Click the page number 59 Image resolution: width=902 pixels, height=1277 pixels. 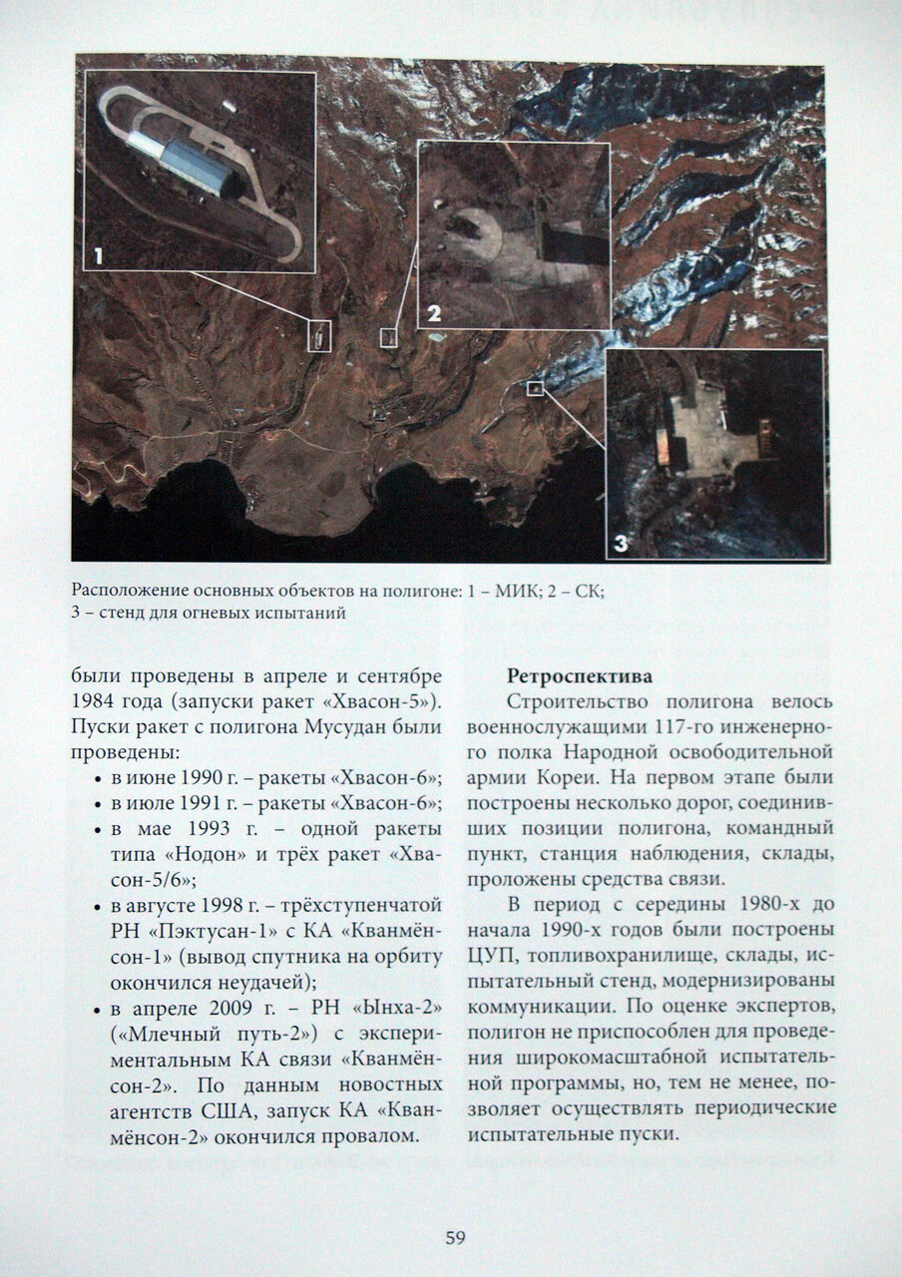pos(455,1238)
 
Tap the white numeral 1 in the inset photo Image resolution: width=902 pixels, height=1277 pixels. pos(97,256)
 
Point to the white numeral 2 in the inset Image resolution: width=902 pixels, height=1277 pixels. pos(433,313)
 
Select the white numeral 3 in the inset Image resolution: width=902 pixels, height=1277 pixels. pos(620,544)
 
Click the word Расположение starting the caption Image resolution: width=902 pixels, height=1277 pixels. pos(128,592)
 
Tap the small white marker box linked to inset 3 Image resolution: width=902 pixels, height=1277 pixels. pos(535,388)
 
